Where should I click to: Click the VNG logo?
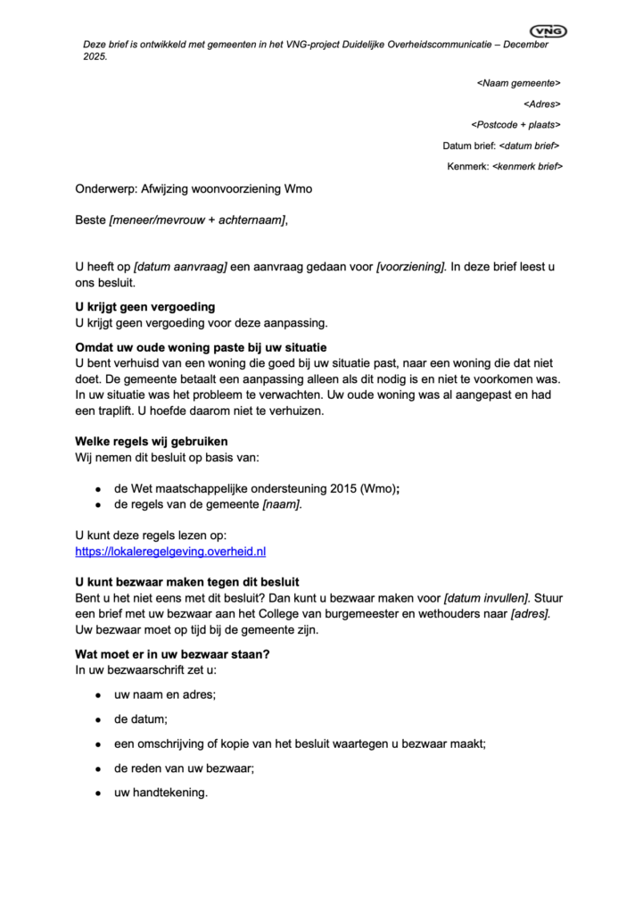click(548, 31)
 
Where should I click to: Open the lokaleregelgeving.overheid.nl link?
click(170, 552)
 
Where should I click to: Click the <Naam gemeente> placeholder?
click(518, 83)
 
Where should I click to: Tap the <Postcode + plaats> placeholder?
click(515, 124)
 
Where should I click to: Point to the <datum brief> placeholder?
click(530, 145)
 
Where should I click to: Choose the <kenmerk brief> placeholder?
click(526, 166)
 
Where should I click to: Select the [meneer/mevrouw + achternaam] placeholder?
click(198, 220)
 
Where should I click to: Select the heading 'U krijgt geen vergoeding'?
click(145, 307)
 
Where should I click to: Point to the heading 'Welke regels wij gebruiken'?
click(151, 441)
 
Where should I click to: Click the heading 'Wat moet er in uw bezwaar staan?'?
click(172, 653)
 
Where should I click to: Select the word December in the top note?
click(524, 45)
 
